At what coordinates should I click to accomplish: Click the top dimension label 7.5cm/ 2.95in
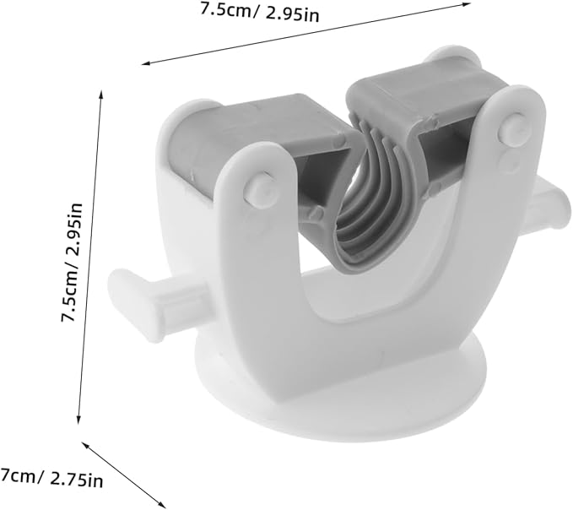(x=260, y=12)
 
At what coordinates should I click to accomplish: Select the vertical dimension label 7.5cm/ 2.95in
(x=72, y=262)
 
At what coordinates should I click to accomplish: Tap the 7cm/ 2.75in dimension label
(x=51, y=477)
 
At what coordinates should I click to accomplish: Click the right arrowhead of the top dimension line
(x=467, y=4)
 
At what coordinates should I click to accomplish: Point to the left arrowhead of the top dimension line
(x=146, y=63)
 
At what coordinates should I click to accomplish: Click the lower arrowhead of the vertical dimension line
(x=78, y=420)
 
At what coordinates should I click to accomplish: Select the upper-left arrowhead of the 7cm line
(x=84, y=445)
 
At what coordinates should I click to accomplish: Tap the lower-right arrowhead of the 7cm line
(x=161, y=504)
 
